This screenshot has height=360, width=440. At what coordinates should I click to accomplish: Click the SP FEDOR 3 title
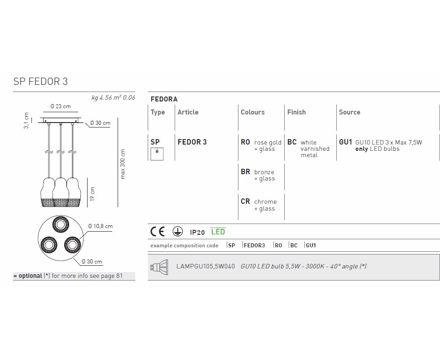(41, 81)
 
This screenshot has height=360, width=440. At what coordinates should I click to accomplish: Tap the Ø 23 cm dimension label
(61, 106)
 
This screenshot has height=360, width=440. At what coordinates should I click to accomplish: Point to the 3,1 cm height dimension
(26, 121)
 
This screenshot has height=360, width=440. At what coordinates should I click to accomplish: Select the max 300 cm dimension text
(123, 164)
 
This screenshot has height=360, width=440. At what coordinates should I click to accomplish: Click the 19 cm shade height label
(92, 194)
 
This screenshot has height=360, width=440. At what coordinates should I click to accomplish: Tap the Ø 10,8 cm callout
(100, 226)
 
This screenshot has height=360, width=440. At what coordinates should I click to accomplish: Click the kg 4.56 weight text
(101, 98)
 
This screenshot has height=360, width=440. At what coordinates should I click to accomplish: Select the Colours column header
(252, 112)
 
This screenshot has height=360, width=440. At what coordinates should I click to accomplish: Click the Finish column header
(296, 112)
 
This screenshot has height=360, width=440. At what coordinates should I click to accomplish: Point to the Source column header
(349, 112)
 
